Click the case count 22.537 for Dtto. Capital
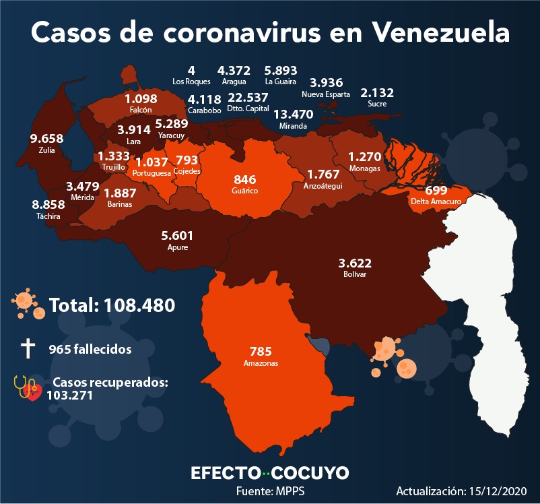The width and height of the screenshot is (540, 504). coord(248,98)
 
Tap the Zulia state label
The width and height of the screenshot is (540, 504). coord(47,150)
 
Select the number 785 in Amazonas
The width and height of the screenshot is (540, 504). coord(261,351)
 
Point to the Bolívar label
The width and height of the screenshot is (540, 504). coord(355,274)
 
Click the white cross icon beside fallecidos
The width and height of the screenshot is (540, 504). coord(28,348)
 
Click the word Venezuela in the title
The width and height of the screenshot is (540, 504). coord(441,33)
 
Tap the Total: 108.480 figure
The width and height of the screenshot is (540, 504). coord(112,305)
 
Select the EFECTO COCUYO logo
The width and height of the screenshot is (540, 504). coord(270,473)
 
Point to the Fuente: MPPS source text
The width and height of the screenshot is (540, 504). coord(271,491)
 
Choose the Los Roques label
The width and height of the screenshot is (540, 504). coord(191,82)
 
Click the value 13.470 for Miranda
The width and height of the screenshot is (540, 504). coord(294,114)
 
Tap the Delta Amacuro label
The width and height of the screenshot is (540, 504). coord(436,201)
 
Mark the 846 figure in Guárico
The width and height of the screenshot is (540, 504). coord(245,179)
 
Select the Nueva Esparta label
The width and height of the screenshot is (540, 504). coord(326,94)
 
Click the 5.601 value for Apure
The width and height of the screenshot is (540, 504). coord(177,236)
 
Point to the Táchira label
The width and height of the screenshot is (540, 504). coord(48,216)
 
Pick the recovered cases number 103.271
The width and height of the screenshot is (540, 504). coord(70,395)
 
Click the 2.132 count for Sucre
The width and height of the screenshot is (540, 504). coord(377,93)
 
